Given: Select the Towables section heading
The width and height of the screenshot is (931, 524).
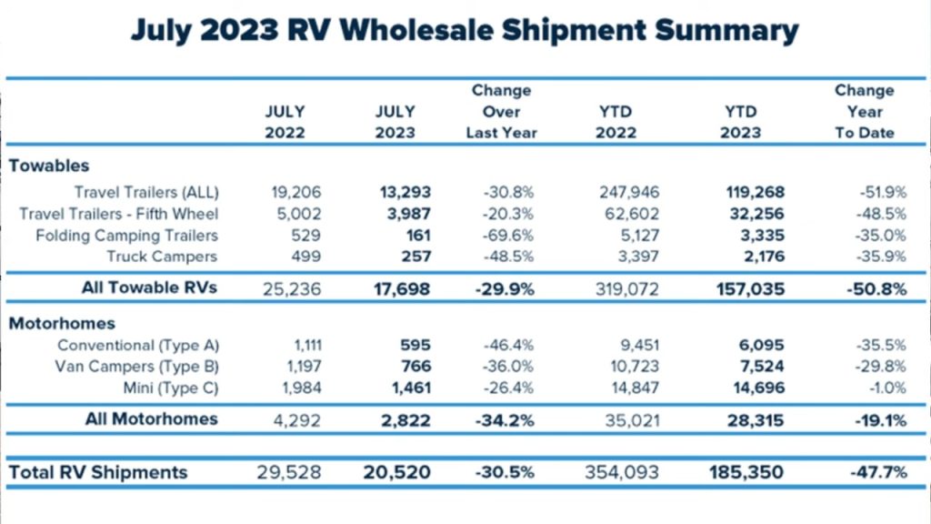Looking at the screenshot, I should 49,166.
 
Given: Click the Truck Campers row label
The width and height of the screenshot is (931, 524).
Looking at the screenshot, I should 163,257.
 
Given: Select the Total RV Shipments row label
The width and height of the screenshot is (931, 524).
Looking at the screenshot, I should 98,472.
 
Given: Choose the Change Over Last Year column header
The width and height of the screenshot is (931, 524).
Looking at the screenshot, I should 501,111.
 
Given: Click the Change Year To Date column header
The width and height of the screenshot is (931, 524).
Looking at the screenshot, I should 864,111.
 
